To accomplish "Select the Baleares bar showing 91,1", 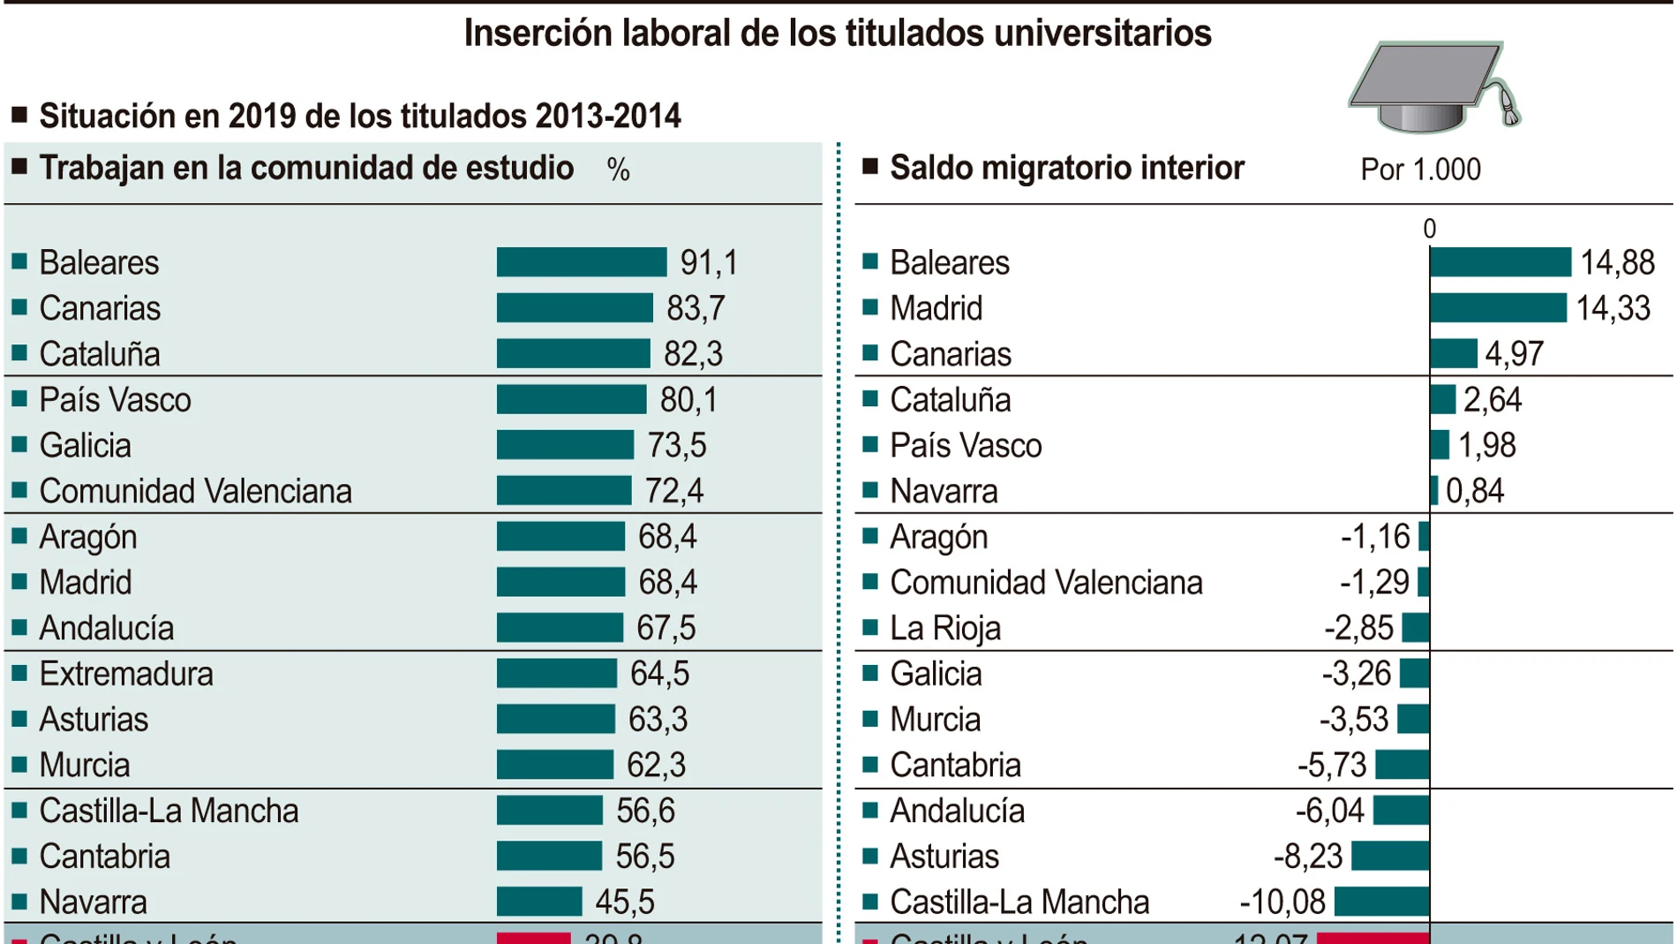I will (581, 262).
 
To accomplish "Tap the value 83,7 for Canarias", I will (696, 308).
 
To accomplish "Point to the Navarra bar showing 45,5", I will (538, 902).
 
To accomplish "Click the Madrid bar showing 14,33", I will (1498, 308).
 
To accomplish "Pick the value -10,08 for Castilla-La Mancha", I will (1282, 902).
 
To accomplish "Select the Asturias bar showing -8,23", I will (1390, 856).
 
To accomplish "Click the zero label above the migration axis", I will (1429, 230).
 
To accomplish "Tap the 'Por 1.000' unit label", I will (1420, 170).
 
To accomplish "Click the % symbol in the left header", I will (618, 170).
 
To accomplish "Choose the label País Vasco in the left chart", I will (115, 400).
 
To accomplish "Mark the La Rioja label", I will (944, 628).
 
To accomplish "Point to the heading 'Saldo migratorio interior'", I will (1066, 168).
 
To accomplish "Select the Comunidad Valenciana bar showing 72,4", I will (563, 491).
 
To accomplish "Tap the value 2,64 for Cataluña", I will (1493, 400).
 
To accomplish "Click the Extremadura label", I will (126, 674).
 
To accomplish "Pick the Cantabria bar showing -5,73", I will (1402, 765).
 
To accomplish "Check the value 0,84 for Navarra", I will (1474, 491).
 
